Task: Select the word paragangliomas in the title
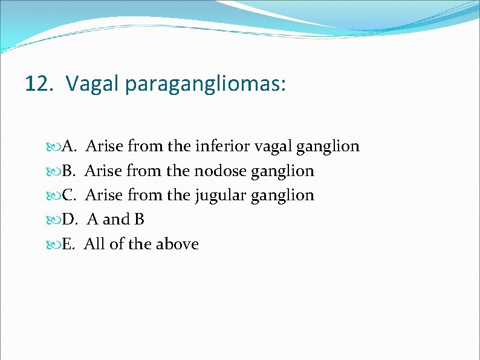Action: click(x=205, y=84)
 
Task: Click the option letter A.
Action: click(x=68, y=146)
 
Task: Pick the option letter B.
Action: click(x=68, y=171)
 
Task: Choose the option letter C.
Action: click(x=68, y=195)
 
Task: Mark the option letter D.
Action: click(x=68, y=220)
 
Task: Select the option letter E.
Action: click(x=68, y=244)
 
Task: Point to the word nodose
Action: click(x=220, y=171)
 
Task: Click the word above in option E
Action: click(x=177, y=244)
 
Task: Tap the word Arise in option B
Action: click(x=103, y=171)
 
